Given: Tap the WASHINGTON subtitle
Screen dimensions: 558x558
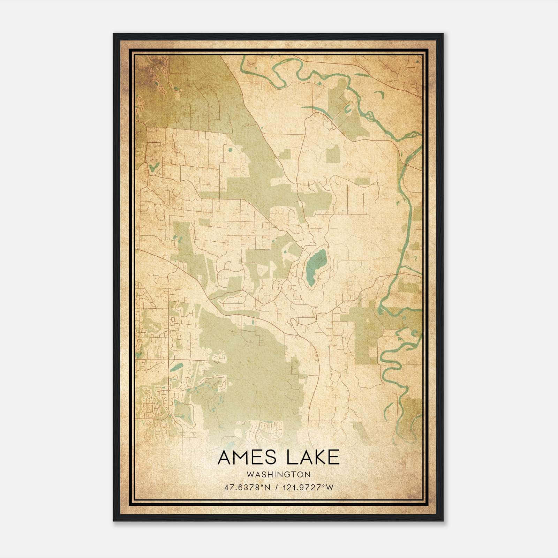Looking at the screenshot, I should click(x=278, y=474).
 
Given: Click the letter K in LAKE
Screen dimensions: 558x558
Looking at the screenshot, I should click(x=318, y=457).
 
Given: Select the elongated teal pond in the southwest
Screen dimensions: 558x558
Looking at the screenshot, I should click(x=177, y=367).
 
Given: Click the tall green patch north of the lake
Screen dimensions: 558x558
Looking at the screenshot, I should click(x=333, y=154).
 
